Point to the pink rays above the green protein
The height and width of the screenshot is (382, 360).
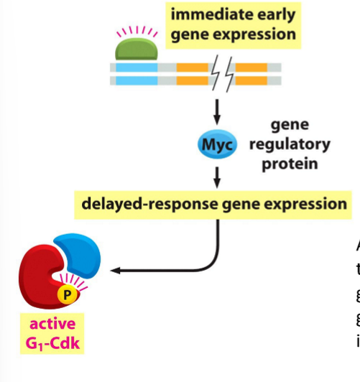(x=135, y=31)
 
